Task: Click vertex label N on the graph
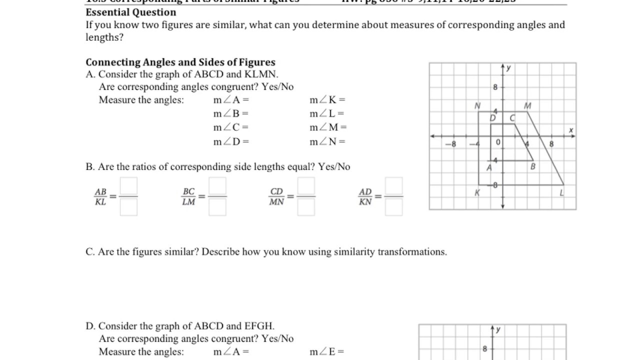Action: tap(477, 106)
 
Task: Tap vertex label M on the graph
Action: tap(528, 106)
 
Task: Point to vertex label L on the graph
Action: tap(561, 193)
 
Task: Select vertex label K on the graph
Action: tap(477, 193)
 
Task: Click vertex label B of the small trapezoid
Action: tap(532, 166)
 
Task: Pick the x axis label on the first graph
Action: tap(571, 130)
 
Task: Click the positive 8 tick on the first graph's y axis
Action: tap(495, 87)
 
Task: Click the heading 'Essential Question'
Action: tap(131, 12)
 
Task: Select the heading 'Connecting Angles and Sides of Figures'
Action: tap(180, 62)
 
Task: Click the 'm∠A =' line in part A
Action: tap(231, 100)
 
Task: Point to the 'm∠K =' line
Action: tap(327, 100)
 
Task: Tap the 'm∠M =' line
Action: tap(328, 127)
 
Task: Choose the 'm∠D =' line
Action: tap(231, 141)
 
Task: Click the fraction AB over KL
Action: tap(100, 197)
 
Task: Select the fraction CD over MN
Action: tap(276, 197)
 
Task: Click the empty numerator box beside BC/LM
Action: tap(217, 186)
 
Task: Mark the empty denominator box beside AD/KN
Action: tap(394, 207)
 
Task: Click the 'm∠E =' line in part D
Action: tap(327, 352)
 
